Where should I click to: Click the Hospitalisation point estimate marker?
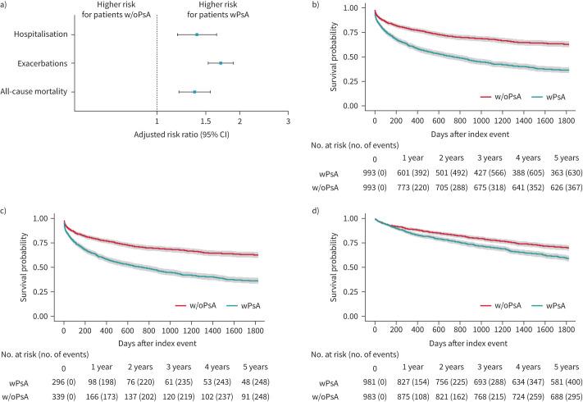[x=197, y=34]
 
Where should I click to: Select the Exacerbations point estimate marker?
[x=221, y=63]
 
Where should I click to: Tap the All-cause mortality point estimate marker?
[x=194, y=92]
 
